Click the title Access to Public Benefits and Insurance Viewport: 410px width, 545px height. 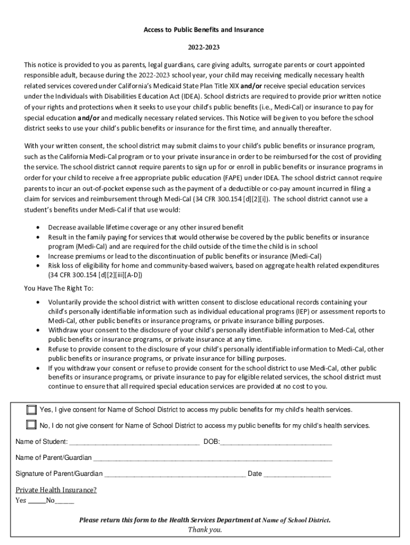(x=203, y=30)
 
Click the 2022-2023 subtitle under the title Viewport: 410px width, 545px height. (x=203, y=47)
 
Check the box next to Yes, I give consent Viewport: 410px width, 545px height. (x=31, y=410)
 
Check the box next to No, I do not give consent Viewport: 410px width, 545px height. (x=31, y=425)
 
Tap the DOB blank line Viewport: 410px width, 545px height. (x=276, y=442)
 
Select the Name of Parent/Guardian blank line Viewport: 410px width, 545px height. (x=212, y=458)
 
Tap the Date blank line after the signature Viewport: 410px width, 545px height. (x=297, y=474)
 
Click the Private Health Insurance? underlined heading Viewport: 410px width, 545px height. (x=56, y=490)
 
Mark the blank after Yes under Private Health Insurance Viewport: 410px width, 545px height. (x=36, y=501)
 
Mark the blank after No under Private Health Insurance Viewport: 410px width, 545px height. (x=64, y=501)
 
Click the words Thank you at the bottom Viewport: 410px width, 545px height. (x=205, y=530)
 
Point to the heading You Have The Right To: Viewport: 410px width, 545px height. (x=59, y=288)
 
